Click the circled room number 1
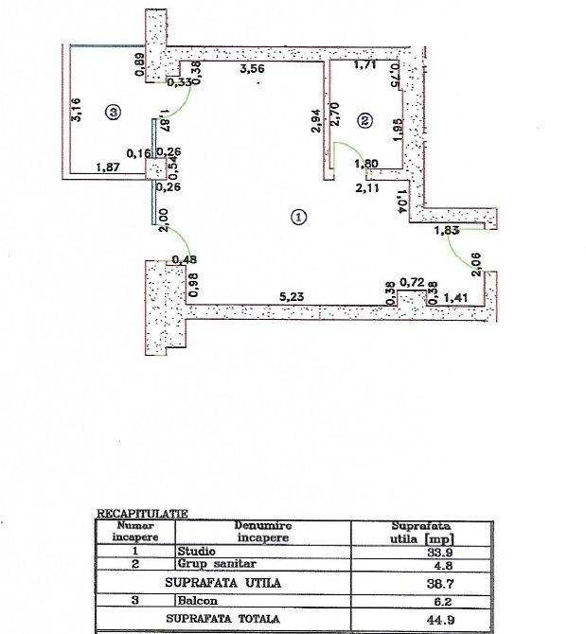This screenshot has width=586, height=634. click(x=299, y=216)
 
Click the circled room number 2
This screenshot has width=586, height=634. click(x=365, y=120)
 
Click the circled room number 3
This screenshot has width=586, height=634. click(x=114, y=113)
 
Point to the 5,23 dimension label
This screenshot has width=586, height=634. click(x=290, y=296)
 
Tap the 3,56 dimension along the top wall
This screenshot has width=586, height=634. click(x=252, y=69)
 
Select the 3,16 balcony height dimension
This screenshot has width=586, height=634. click(x=80, y=110)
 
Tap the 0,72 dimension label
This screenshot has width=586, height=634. click(x=412, y=282)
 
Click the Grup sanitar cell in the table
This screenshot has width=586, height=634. click(x=208, y=562)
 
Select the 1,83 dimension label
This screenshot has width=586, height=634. click(x=447, y=230)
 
